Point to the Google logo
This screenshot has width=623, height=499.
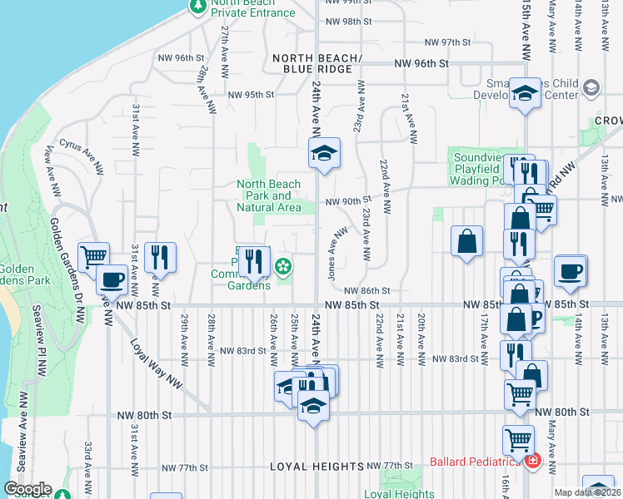point(27,489)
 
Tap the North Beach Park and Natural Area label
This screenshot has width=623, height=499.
point(269,195)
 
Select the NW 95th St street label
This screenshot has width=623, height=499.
point(249,95)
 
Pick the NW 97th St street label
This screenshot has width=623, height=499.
point(448,42)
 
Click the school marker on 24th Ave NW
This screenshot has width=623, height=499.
point(324,153)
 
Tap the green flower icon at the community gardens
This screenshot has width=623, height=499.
point(284,266)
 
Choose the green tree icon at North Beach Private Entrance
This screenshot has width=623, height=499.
point(197,7)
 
